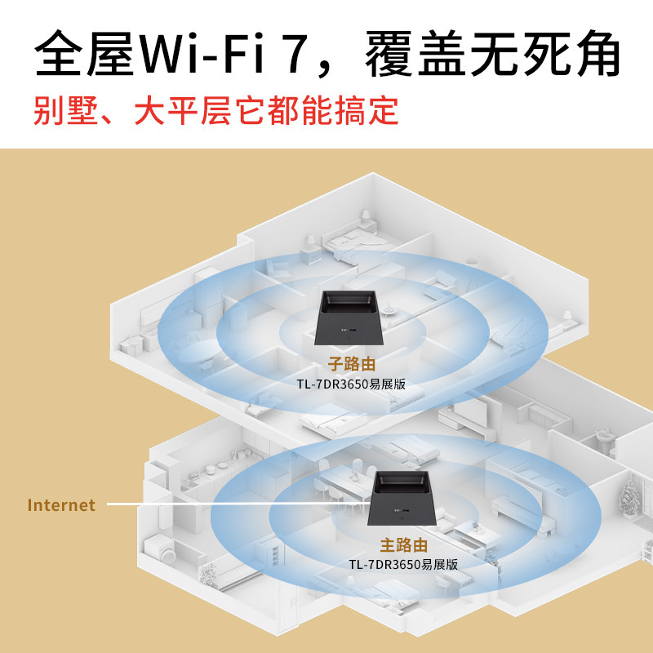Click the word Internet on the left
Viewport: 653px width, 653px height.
[61, 505]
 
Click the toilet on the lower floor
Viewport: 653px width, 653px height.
[605, 442]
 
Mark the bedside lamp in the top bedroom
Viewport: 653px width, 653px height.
[366, 218]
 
